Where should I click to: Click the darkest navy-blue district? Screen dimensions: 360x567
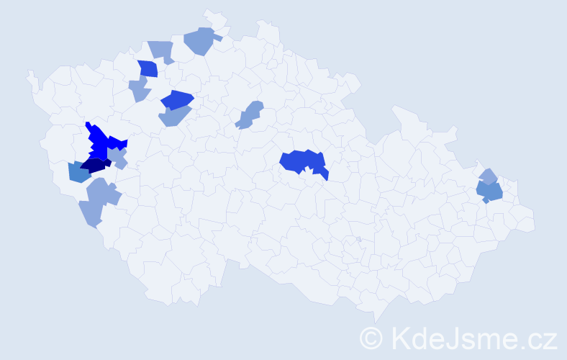[x=94, y=166]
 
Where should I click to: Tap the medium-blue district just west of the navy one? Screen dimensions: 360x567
[x=78, y=173]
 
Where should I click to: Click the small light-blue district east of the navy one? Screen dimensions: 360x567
[x=118, y=156]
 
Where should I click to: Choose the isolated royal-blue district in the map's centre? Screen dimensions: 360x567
[x=302, y=161]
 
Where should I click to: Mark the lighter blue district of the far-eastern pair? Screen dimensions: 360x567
[x=488, y=176]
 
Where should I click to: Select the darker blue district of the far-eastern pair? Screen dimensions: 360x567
[x=490, y=192]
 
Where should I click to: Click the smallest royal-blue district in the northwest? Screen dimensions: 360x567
[x=148, y=69]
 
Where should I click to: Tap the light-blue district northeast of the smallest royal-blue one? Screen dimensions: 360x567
[x=162, y=51]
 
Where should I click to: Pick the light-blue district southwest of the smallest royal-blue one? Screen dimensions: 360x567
[x=138, y=90]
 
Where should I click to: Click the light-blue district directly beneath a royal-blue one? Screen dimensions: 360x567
[x=174, y=115]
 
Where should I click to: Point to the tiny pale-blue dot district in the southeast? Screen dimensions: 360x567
[x=358, y=239]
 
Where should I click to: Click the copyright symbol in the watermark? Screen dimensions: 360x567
[x=371, y=337]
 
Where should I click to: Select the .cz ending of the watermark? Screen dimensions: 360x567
[x=536, y=337]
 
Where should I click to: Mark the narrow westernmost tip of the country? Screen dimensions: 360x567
[x=30, y=73]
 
